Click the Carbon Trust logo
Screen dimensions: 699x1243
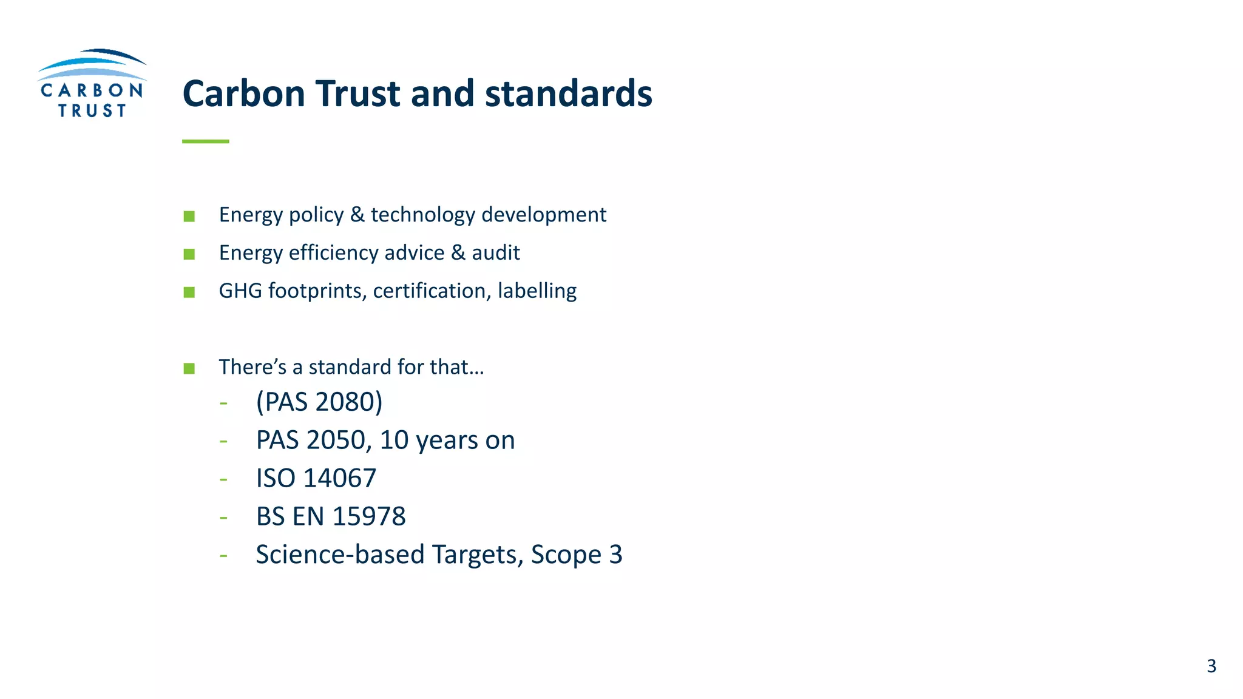92,84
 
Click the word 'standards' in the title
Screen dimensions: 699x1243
568,94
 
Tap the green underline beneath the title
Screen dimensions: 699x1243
205,141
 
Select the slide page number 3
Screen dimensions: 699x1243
1211,666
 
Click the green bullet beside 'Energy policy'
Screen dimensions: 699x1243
189,217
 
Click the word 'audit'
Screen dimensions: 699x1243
496,253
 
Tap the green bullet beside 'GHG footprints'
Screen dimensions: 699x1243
189,292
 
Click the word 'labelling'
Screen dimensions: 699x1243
537,291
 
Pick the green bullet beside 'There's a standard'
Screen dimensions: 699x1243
189,368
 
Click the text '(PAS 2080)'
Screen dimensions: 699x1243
319,402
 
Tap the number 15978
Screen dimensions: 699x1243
369,516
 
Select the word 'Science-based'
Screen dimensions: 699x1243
340,555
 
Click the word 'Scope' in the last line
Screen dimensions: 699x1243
566,555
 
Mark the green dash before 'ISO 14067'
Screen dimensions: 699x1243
224,479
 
